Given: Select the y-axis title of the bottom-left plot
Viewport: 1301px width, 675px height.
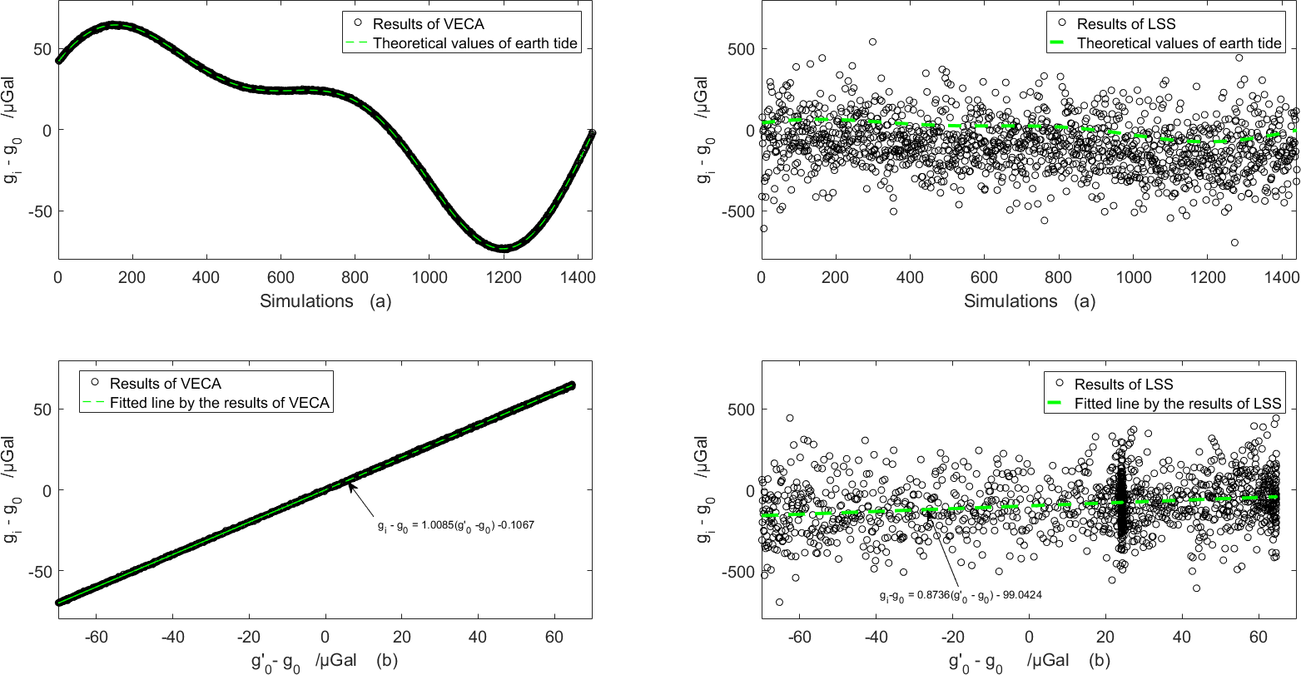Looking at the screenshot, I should coord(16,490).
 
